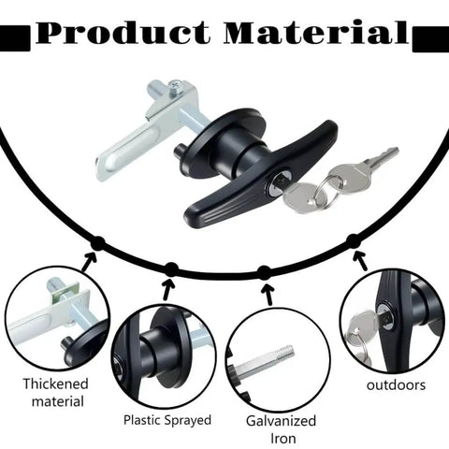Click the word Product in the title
(x=123, y=32)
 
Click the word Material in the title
(x=316, y=32)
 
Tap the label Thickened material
(x=56, y=393)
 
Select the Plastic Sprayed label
(x=167, y=420)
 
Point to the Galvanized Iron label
(x=281, y=429)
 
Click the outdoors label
(x=396, y=385)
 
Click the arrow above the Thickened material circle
(x=89, y=261)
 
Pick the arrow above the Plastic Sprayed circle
(x=167, y=290)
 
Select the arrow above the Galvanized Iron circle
(x=268, y=295)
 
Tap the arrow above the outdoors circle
(x=360, y=261)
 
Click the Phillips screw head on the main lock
(x=175, y=86)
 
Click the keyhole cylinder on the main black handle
(x=278, y=181)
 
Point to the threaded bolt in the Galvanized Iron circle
(x=264, y=361)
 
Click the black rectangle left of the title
(x=15, y=38)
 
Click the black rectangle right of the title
(x=430, y=39)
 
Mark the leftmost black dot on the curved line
(x=98, y=243)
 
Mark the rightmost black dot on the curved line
(x=354, y=241)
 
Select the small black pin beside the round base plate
(x=179, y=152)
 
